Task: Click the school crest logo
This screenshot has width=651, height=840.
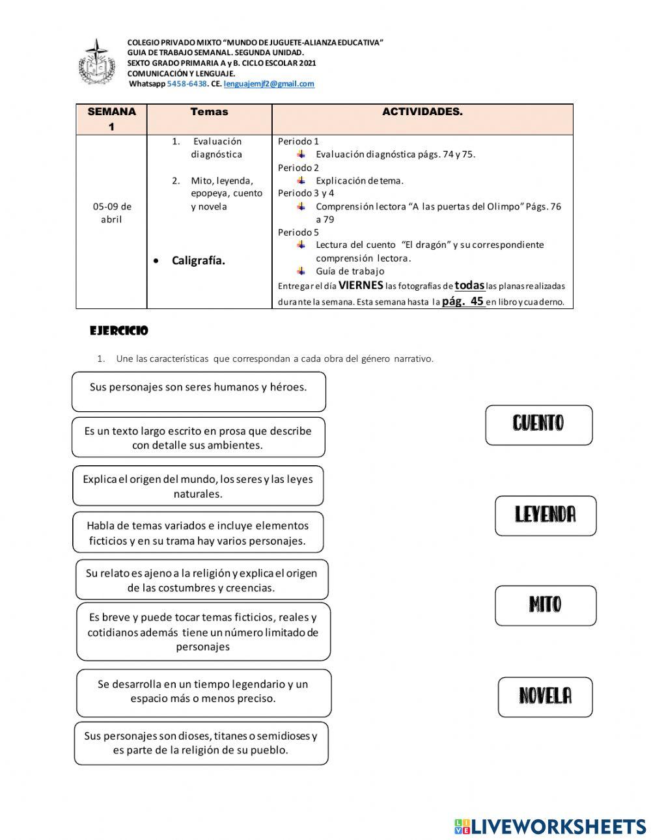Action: coord(96,64)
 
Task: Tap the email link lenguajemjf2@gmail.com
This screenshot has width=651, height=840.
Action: coord(269,84)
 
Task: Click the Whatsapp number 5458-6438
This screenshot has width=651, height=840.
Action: coord(187,84)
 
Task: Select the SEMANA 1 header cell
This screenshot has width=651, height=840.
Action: coord(111,119)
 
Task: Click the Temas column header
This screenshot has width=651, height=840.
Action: coord(209,112)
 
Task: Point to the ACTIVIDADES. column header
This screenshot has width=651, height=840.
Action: coord(422,112)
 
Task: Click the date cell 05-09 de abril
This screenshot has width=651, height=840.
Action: coord(111,213)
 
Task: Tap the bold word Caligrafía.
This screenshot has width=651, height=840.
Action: coord(198,261)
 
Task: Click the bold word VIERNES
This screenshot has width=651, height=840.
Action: coord(361,285)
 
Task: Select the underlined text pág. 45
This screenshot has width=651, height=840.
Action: coord(463,301)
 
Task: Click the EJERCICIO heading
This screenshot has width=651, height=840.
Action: coord(119,331)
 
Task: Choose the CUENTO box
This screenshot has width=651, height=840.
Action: coord(538,425)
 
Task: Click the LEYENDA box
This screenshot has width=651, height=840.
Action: coord(545,515)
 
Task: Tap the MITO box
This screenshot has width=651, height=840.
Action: coord(545,605)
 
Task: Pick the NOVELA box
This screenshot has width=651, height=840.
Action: coord(545,697)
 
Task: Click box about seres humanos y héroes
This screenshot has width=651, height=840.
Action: coord(198,391)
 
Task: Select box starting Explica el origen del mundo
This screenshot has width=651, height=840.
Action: coord(198,485)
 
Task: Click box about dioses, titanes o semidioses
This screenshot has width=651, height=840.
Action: coord(201,742)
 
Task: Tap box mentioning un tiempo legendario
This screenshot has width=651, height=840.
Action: coord(203,692)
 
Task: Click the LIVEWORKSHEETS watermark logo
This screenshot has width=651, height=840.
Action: coord(549,826)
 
